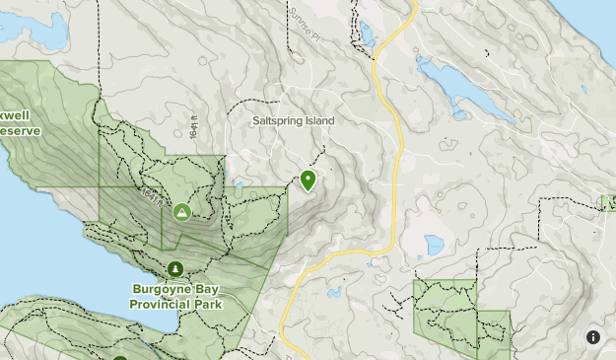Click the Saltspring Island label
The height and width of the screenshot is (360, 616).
(293, 120)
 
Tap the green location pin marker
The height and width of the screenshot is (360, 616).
(308, 180)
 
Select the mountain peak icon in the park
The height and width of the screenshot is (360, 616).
(181, 211)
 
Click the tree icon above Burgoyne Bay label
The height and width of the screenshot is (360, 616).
(175, 269)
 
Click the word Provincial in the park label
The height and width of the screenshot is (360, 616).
(161, 304)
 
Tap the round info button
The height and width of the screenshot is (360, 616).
(593, 337)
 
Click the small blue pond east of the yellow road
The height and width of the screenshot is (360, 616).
(434, 244)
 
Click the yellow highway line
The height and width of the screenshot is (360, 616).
(396, 158)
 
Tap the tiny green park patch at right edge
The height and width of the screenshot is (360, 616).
(608, 202)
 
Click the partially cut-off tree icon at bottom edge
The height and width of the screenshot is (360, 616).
(120, 354)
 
